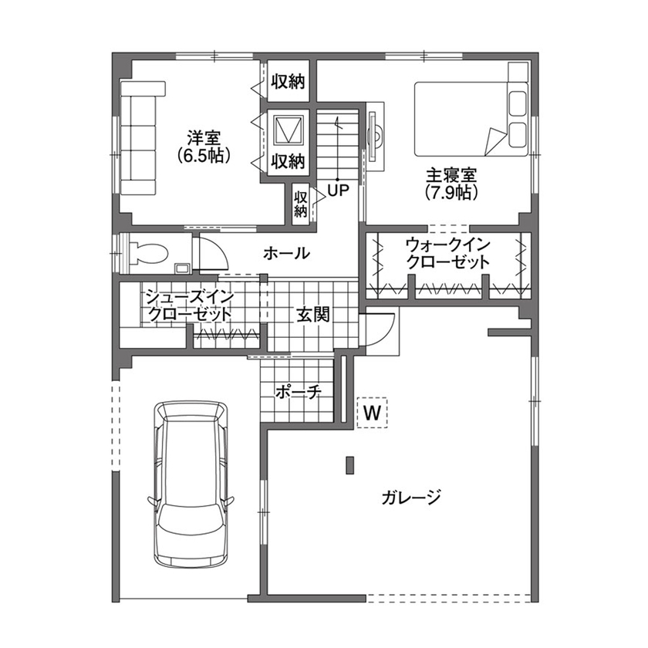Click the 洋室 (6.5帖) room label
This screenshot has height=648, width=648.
[x=204, y=147]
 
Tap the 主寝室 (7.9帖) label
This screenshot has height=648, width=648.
[x=451, y=183]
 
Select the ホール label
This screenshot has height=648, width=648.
[x=287, y=253]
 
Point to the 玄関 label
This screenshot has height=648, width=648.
[x=313, y=315]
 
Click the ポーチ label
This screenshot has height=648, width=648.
[x=298, y=392]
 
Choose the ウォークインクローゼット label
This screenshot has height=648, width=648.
[x=447, y=254]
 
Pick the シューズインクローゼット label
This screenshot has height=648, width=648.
[x=188, y=305]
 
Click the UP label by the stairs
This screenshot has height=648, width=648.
[x=339, y=189]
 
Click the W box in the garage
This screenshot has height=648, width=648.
[x=373, y=413]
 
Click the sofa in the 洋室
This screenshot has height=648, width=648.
[x=140, y=139]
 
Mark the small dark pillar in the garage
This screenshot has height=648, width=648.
[x=349, y=465]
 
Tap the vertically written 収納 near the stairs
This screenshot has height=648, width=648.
[x=301, y=203]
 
